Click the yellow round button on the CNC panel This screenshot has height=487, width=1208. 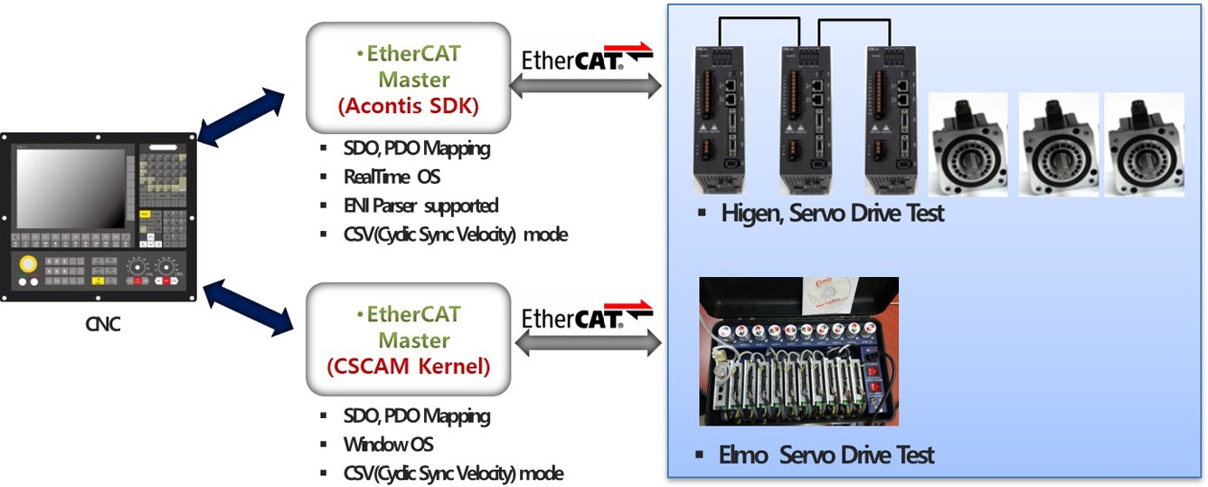(x=29, y=263)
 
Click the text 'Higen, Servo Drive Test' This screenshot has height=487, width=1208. (x=832, y=215)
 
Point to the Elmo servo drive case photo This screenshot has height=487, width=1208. (x=799, y=351)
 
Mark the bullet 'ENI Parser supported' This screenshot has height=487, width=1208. (x=421, y=206)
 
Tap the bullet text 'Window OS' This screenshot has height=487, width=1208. (x=389, y=444)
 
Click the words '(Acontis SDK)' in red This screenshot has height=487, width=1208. (x=408, y=106)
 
